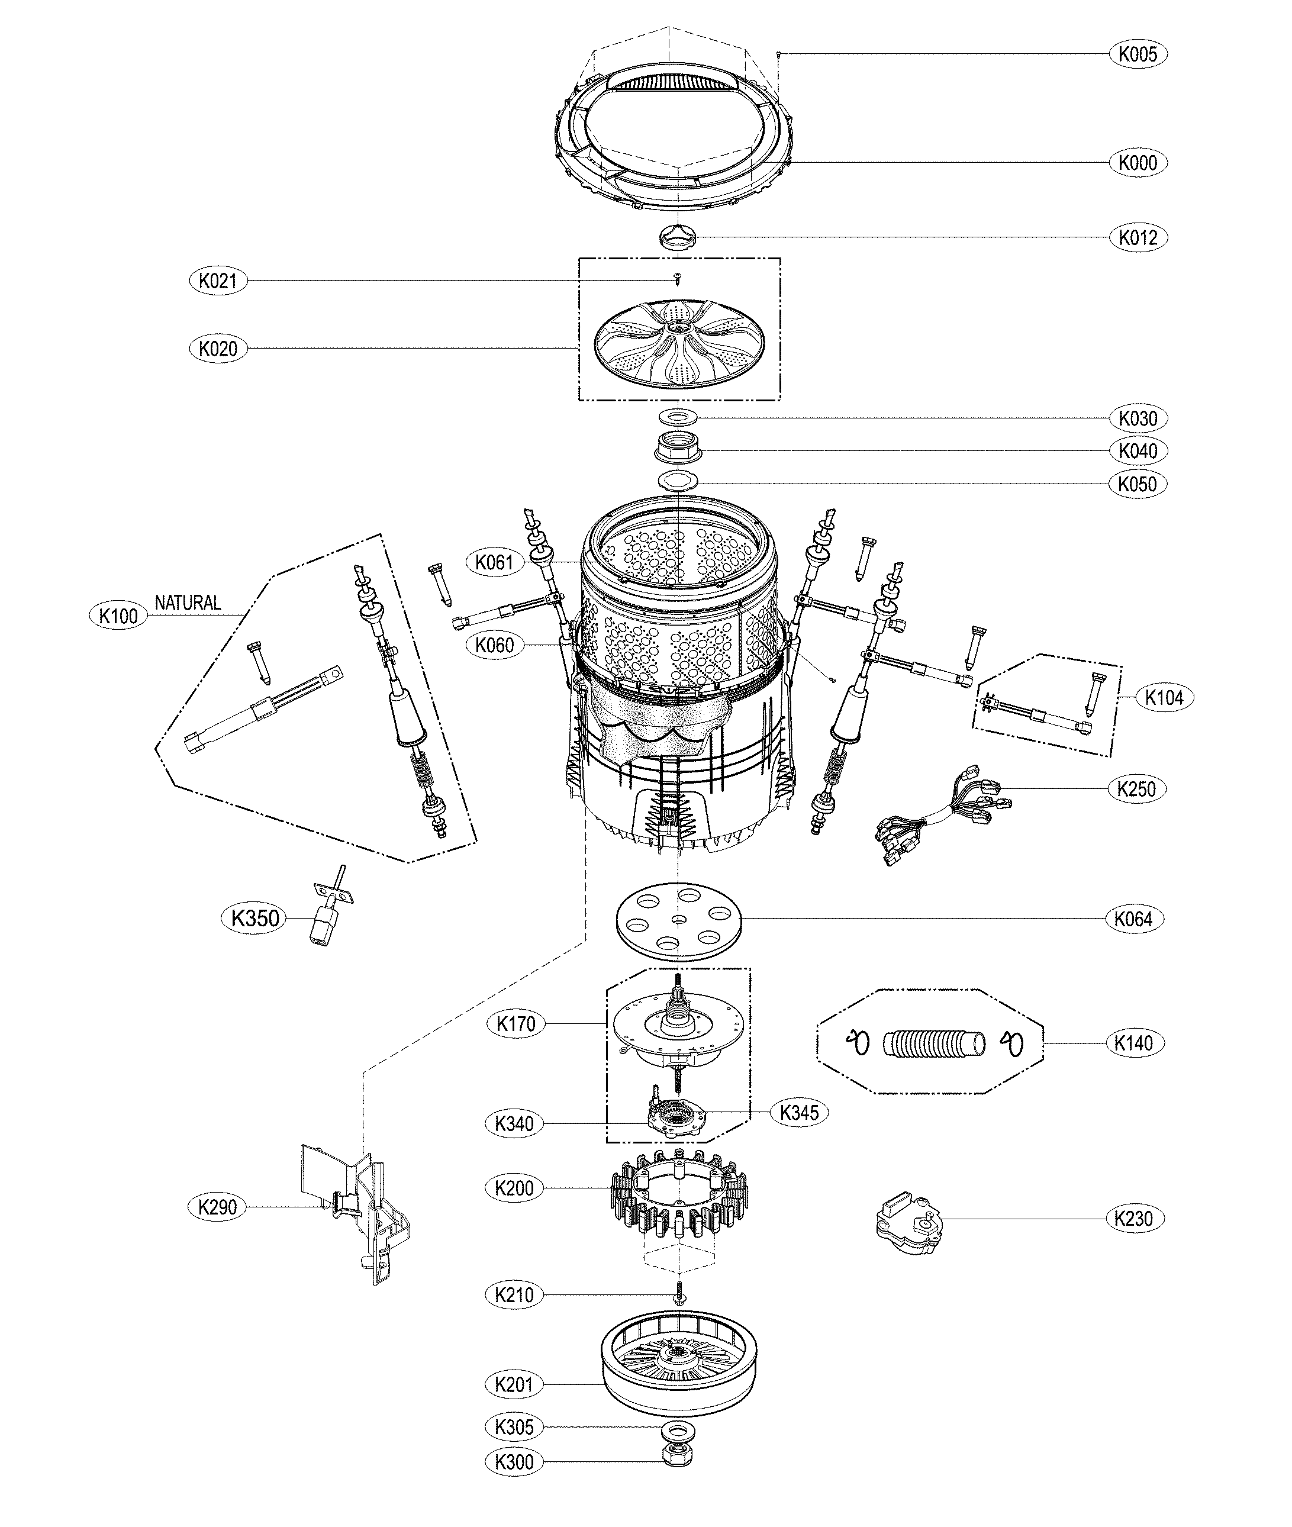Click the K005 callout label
coord(1138,53)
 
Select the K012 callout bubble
coord(1138,237)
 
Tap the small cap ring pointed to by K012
coord(678,237)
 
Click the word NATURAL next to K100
coord(188,603)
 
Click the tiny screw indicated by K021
coord(678,278)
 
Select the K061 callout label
coord(494,562)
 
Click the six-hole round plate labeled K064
coord(679,920)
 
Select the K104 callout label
coord(1164,697)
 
